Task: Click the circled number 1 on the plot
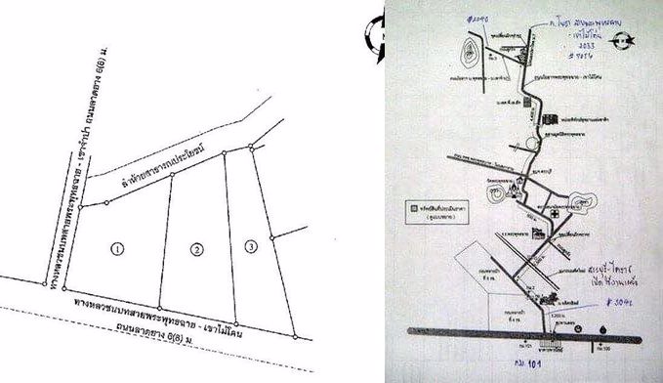tap(116, 249)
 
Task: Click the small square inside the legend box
tap(415, 207)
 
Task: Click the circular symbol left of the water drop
tap(577, 327)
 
